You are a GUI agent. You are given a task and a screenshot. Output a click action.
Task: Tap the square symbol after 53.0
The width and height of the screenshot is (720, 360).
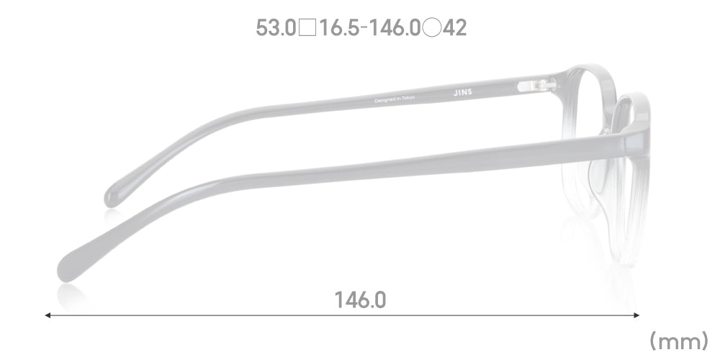[x=307, y=28]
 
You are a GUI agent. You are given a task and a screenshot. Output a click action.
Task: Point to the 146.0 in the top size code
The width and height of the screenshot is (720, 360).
[x=395, y=28]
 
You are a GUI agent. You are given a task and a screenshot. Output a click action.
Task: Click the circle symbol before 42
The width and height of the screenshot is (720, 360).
[x=431, y=28]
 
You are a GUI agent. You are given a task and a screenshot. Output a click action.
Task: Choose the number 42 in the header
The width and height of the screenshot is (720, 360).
[x=455, y=28]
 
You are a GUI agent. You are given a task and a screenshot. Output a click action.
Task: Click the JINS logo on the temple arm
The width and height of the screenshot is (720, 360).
[x=462, y=92]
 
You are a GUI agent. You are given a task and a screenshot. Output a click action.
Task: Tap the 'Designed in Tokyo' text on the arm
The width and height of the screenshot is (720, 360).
[x=395, y=99]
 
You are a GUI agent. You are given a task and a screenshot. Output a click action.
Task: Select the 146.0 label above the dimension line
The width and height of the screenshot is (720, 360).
[x=361, y=300]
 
